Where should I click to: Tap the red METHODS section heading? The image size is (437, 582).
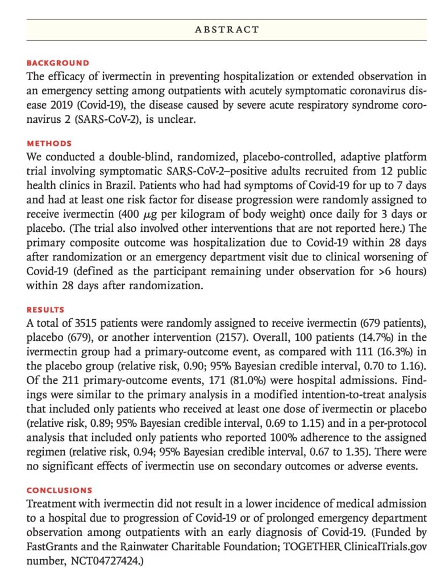[49, 144]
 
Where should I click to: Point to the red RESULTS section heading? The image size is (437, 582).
[45, 310]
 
